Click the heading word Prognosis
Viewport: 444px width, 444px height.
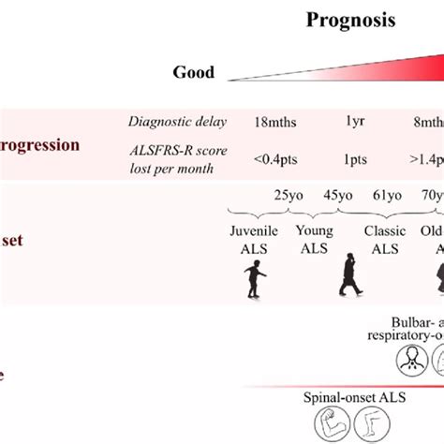tap(351, 20)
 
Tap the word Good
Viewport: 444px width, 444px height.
tap(193, 72)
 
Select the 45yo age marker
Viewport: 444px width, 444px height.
tap(337, 196)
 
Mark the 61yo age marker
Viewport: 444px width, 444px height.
tap(387, 196)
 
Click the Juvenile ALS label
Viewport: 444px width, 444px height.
tap(254, 239)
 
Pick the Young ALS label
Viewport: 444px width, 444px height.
tap(314, 239)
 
